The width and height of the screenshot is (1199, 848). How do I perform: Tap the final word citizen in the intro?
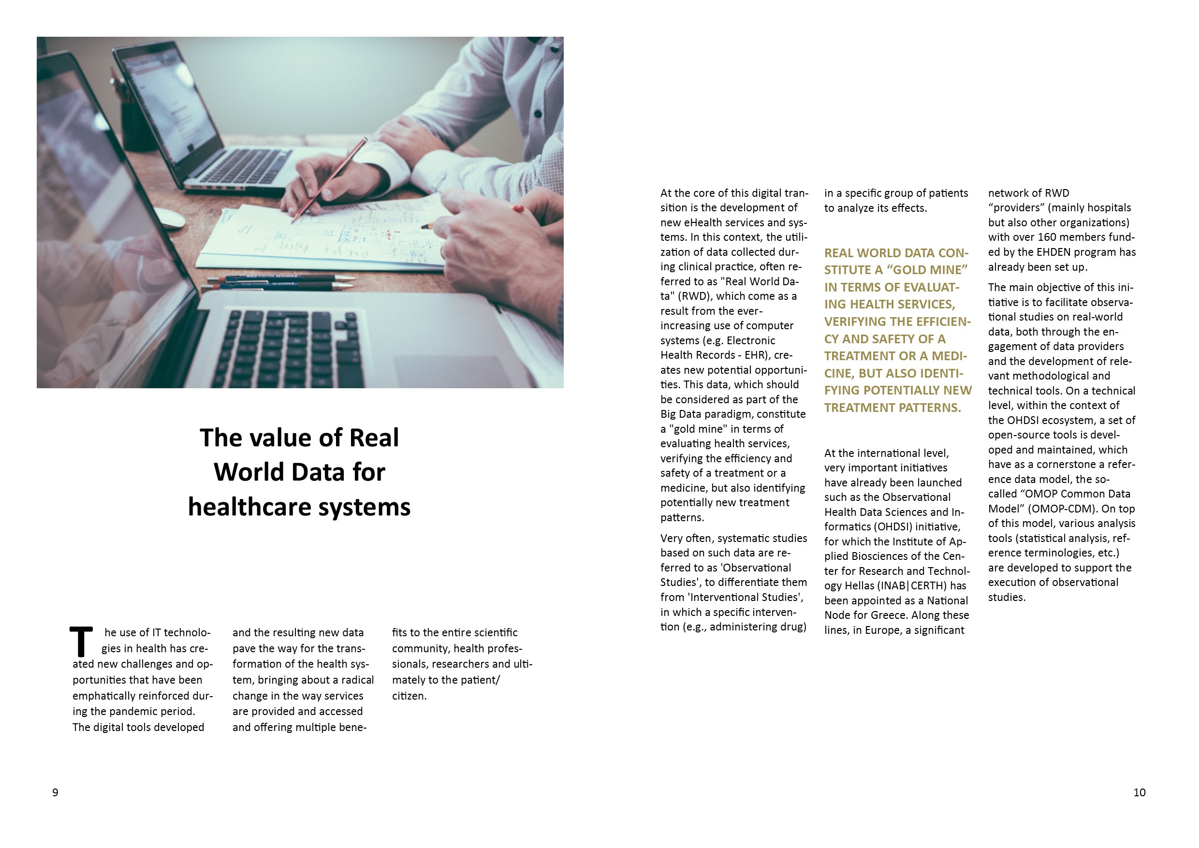(x=409, y=696)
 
